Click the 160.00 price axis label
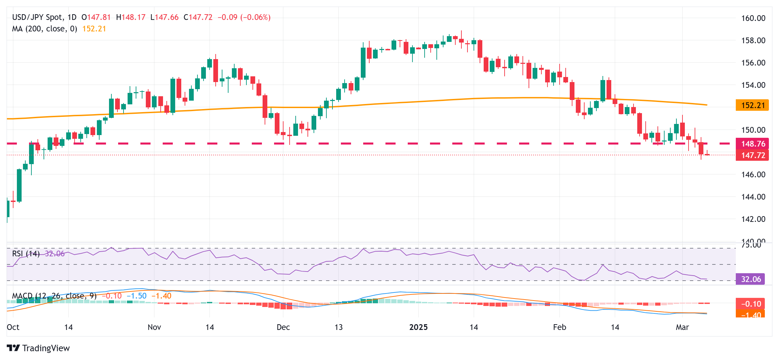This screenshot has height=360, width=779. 753,18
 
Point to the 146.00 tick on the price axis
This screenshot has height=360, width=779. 753,175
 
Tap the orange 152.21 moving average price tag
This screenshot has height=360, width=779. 752,105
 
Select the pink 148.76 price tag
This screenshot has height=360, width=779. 752,144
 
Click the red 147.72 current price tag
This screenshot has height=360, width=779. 752,155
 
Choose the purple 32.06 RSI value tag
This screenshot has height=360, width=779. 751,279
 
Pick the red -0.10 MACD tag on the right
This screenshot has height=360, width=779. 751,304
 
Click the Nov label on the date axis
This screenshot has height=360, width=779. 154,327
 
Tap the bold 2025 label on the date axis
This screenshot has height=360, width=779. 418,327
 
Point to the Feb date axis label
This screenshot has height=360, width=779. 559,327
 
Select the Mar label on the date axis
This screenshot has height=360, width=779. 682,327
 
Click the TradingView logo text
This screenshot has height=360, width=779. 46,348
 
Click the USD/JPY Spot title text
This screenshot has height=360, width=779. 37,17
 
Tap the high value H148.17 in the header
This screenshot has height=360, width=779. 131,17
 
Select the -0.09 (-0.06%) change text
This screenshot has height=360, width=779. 244,17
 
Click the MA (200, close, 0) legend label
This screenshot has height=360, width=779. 45,29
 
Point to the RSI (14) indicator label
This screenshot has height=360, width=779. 26,254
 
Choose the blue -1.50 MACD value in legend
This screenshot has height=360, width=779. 137,296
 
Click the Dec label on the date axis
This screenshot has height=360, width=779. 283,327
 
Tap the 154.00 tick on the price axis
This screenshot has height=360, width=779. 753,85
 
